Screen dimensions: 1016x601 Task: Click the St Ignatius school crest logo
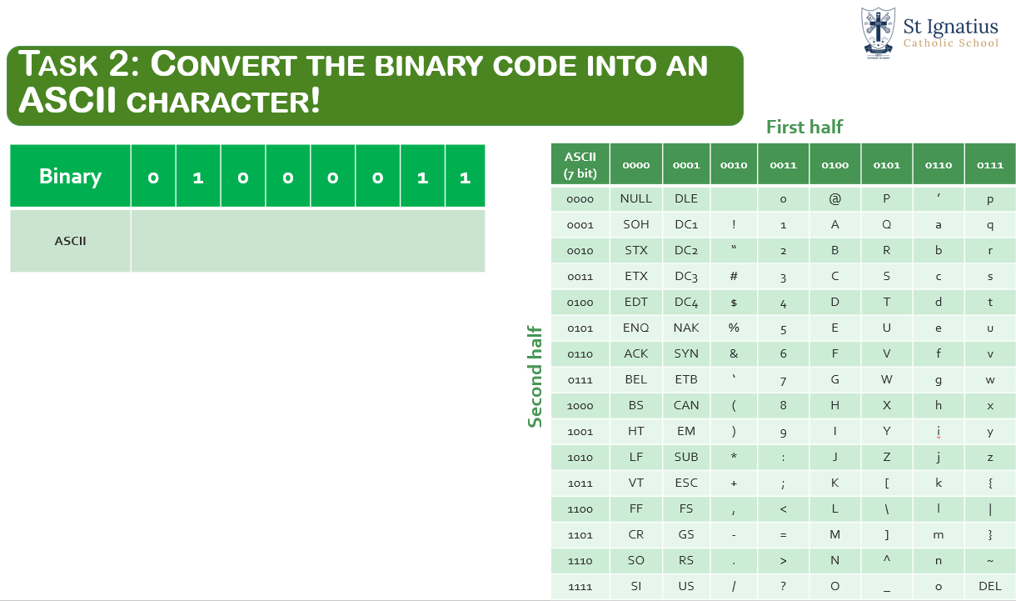pyautogui.click(x=878, y=33)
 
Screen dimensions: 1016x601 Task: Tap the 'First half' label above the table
pyautogui.click(x=804, y=127)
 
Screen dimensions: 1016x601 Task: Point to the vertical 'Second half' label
pyautogui.click(x=535, y=377)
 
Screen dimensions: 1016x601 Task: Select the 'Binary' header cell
pyautogui.click(x=70, y=176)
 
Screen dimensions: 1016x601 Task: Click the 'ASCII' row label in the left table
pyautogui.click(x=70, y=241)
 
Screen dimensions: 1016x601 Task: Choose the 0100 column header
pyautogui.click(x=834, y=165)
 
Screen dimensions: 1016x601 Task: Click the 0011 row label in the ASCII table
pyautogui.click(x=580, y=277)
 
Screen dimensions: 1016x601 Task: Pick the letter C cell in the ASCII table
pyautogui.click(x=834, y=276)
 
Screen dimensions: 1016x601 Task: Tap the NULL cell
pyautogui.click(x=636, y=198)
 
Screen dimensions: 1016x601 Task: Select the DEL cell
pyautogui.click(x=989, y=586)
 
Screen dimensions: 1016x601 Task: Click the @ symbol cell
pyautogui.click(x=834, y=198)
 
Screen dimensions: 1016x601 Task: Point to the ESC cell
pyautogui.click(x=686, y=483)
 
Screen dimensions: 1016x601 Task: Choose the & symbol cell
pyautogui.click(x=734, y=353)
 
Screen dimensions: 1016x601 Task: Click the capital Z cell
pyautogui.click(x=886, y=457)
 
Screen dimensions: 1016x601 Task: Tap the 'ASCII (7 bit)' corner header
pyautogui.click(x=580, y=165)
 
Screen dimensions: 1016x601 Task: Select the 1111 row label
pyautogui.click(x=580, y=587)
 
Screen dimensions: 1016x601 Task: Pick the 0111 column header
pyautogui.click(x=989, y=165)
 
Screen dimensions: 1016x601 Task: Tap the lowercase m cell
pyautogui.click(x=938, y=534)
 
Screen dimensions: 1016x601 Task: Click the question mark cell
pyautogui.click(x=783, y=586)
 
